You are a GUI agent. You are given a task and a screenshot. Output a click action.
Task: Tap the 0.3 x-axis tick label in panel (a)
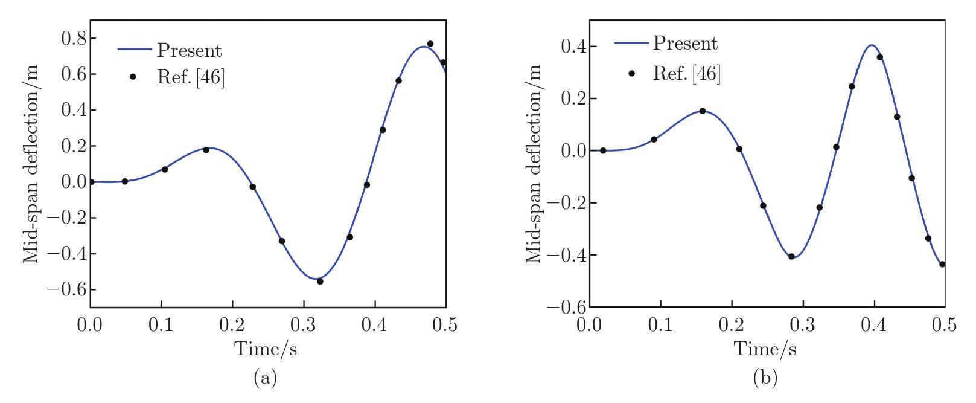click(x=303, y=326)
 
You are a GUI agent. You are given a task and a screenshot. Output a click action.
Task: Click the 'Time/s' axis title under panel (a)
click(x=266, y=349)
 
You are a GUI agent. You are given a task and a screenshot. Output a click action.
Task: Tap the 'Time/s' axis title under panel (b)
click(x=765, y=349)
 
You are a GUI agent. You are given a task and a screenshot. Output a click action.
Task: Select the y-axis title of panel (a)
click(x=32, y=164)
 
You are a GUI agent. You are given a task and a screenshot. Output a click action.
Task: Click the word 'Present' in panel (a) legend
click(x=189, y=51)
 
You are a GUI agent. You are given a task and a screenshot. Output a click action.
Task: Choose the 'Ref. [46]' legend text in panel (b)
click(x=687, y=74)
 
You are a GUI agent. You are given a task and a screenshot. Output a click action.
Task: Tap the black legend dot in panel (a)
click(x=133, y=77)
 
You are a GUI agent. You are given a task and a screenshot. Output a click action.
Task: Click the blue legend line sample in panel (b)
click(x=632, y=43)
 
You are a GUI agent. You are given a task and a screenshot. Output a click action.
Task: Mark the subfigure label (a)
click(x=266, y=379)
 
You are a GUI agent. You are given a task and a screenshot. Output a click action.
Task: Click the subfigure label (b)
click(x=765, y=379)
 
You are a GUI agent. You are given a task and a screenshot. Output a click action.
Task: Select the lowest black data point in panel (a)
click(x=320, y=282)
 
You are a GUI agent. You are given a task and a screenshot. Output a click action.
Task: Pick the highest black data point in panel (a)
click(x=430, y=44)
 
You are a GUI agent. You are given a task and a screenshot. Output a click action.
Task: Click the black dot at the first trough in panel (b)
click(x=791, y=256)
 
